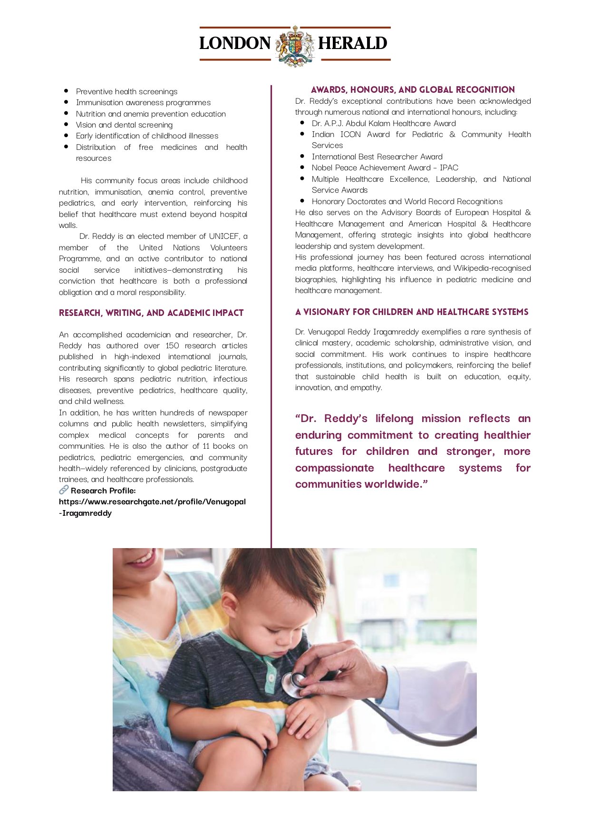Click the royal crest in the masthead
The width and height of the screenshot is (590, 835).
coord(295,45)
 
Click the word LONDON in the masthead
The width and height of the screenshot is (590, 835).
coord(235,43)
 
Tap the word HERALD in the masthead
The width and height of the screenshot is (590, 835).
coord(352,43)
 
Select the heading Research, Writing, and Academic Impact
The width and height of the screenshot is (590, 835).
coord(151,313)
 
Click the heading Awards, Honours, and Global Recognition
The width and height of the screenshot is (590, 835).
coord(413,90)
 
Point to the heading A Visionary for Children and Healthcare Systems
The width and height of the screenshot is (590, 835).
coord(412,312)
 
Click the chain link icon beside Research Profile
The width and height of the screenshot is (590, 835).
coord(64,490)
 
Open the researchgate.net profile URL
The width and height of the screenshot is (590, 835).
coord(152,502)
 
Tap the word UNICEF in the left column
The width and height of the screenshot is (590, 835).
coord(224,236)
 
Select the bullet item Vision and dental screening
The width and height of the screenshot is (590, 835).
coord(124,125)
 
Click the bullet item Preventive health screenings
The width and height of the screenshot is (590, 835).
coord(126,92)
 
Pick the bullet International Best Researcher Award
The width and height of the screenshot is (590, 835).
coord(377,157)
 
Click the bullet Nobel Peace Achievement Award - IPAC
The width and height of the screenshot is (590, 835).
coord(385,168)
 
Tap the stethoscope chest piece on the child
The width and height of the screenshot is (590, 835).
coord(293,684)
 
